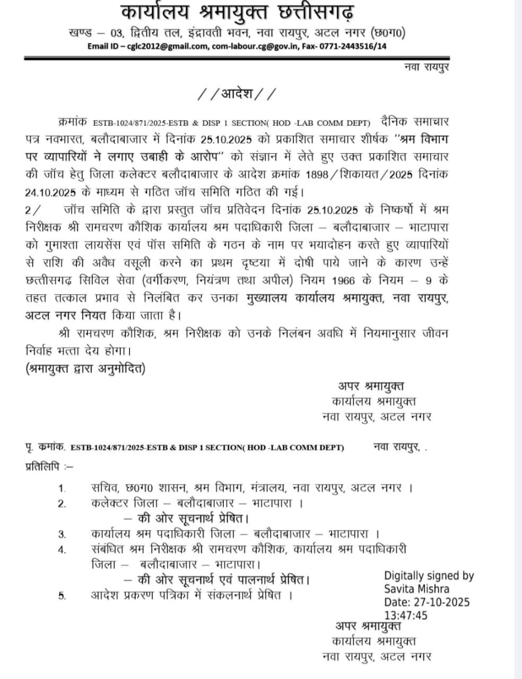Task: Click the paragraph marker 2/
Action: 32,210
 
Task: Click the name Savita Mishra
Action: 416,589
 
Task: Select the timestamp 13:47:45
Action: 406,615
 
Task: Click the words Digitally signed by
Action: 429,576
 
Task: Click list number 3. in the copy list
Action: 62,534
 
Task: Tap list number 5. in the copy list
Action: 62,596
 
